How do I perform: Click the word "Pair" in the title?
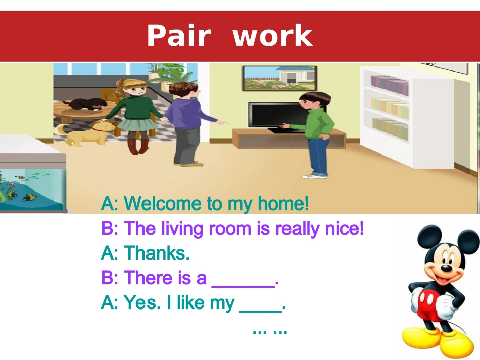tap(178, 36)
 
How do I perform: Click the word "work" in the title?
tap(273, 36)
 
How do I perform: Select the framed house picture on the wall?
tap(279, 78)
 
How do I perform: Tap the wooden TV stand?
tap(288, 138)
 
